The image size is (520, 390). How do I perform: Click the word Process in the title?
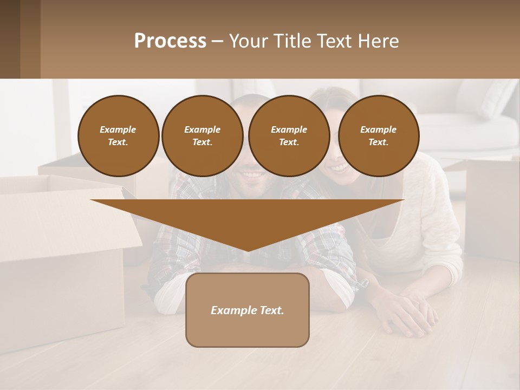click(x=170, y=41)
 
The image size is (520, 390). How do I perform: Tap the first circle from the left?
click(x=118, y=136)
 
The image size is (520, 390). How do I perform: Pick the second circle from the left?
click(x=202, y=136)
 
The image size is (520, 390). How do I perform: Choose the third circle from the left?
click(x=289, y=136)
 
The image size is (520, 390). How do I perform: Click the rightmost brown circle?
click(x=378, y=136)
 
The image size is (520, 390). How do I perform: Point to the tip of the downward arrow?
click(x=248, y=250)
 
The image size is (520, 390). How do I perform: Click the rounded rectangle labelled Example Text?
click(x=248, y=310)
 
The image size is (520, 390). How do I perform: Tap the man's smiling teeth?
click(x=250, y=174)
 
